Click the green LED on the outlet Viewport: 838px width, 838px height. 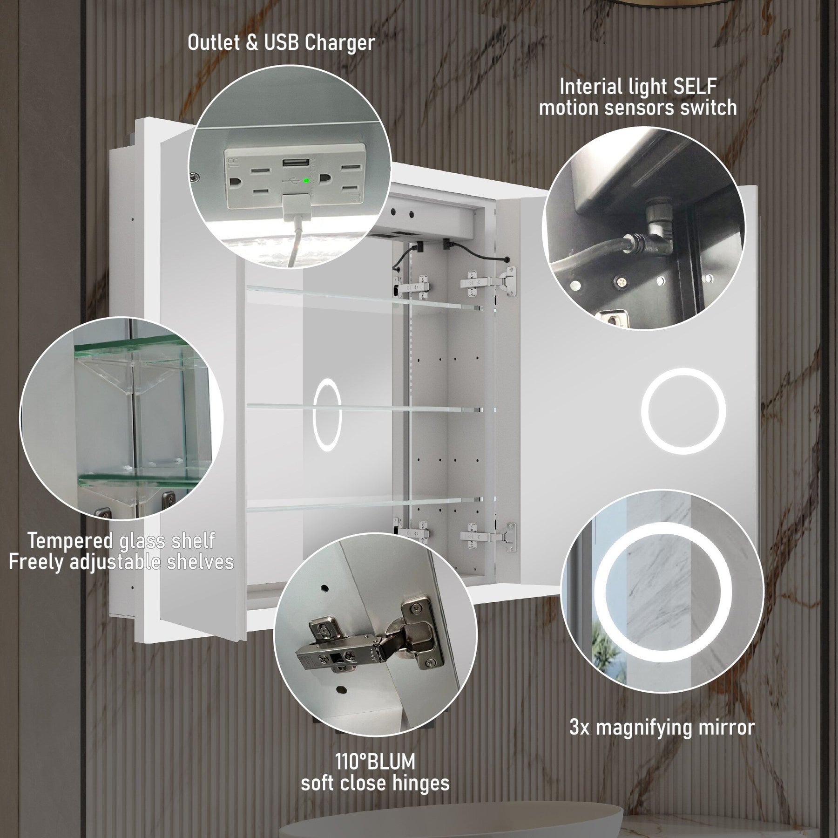[x=305, y=180]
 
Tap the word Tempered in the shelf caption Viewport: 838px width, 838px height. [x=70, y=541]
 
